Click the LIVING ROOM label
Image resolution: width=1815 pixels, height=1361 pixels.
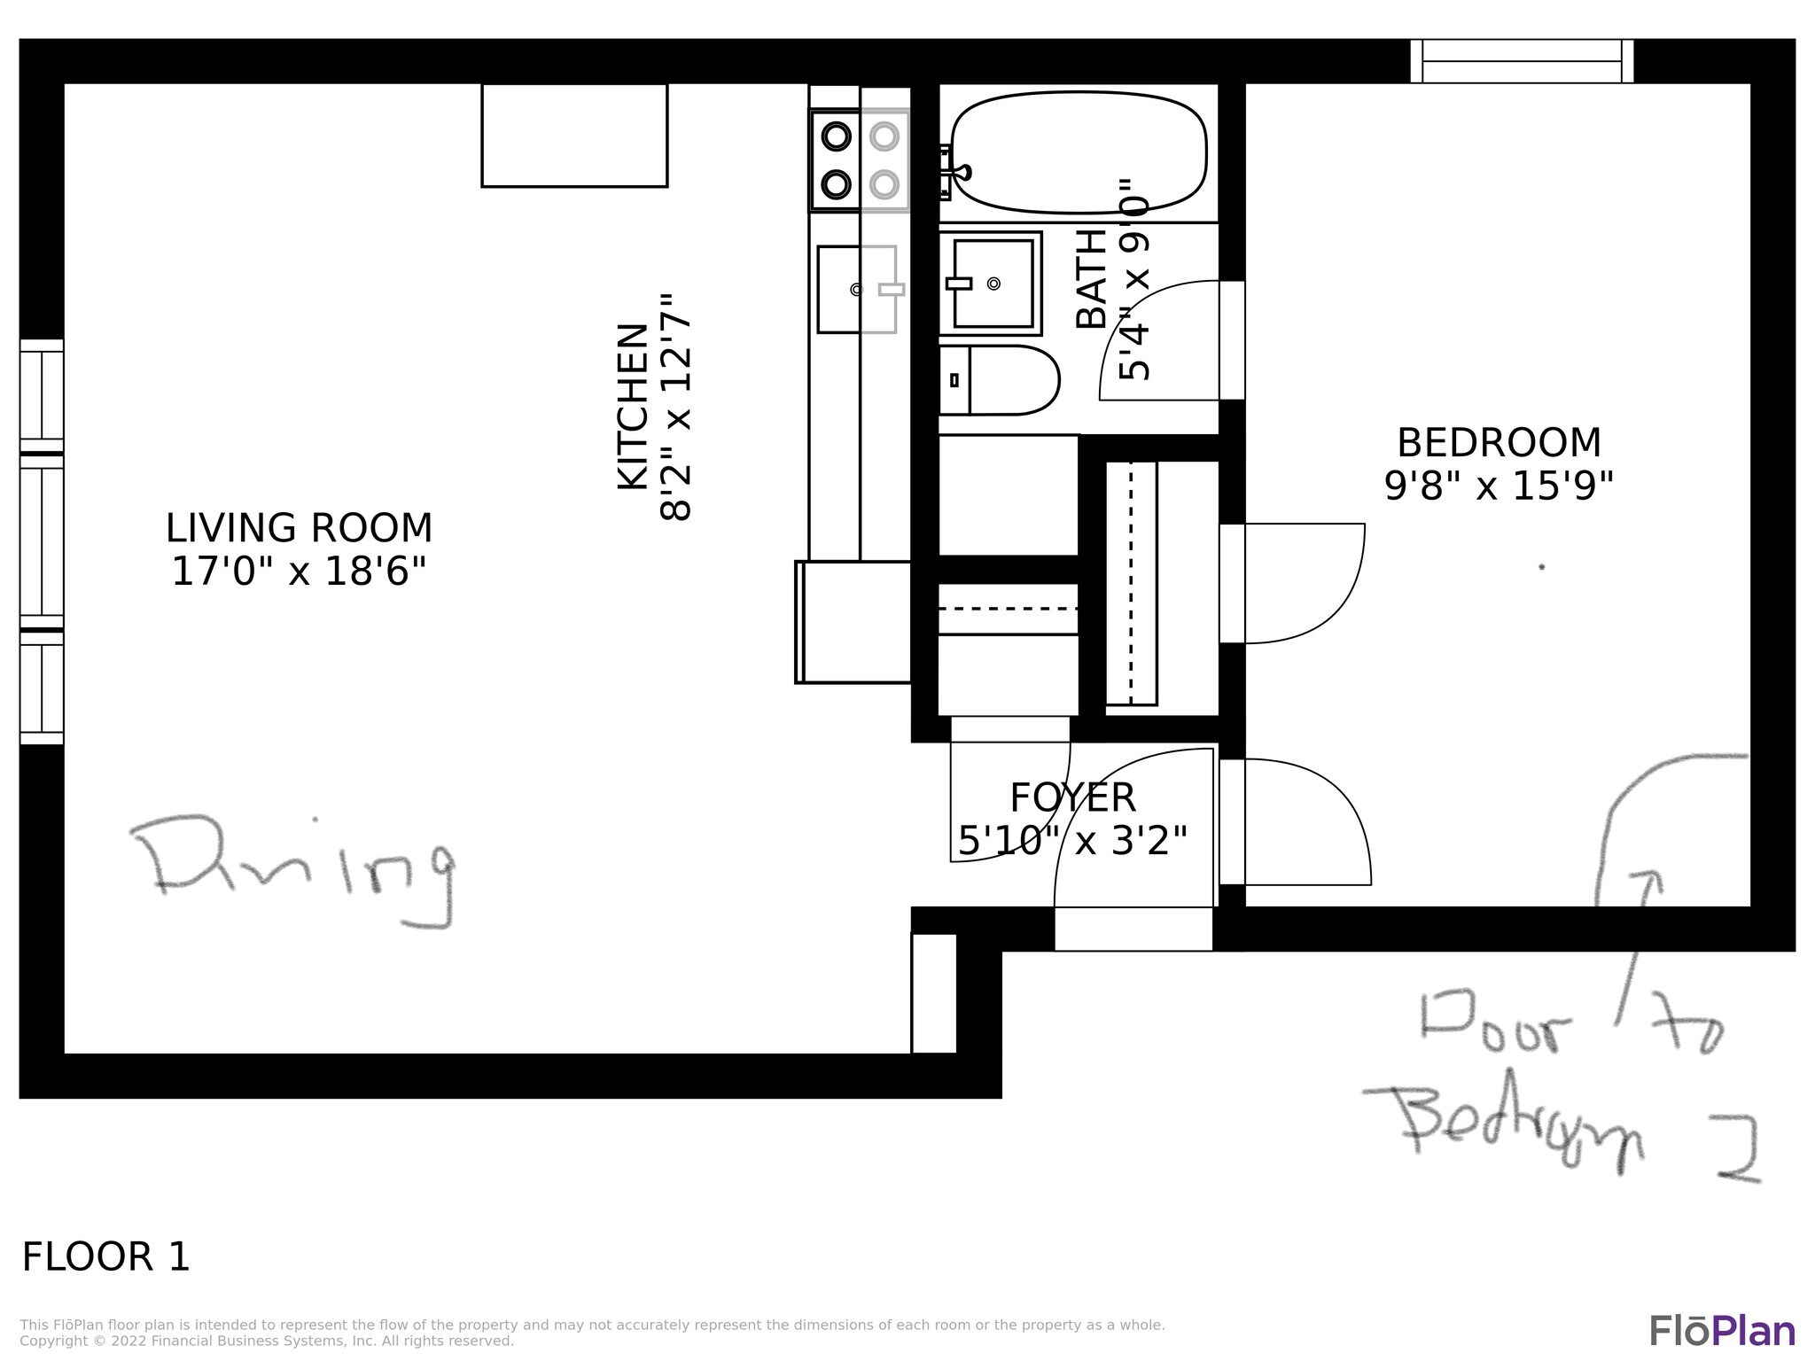[299, 528]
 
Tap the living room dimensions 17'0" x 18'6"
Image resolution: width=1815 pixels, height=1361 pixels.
[299, 572]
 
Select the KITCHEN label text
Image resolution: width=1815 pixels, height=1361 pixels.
[633, 406]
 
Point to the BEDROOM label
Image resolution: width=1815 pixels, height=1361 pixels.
[1499, 443]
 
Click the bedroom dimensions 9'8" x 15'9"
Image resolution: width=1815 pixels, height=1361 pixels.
[1499, 486]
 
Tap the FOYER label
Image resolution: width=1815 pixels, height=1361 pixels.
[1072, 797]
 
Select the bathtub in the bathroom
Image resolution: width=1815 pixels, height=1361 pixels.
[1079, 152]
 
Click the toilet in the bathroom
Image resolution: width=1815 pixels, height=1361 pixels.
[999, 380]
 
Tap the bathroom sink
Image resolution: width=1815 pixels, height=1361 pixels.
[990, 284]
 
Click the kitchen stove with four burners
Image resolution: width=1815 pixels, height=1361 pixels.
[860, 160]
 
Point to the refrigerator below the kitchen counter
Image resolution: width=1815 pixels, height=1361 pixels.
[853, 622]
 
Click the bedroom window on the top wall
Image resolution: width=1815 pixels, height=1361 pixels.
[1522, 61]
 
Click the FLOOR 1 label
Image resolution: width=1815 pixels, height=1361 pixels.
[105, 1257]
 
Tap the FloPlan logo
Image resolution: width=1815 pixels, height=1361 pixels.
[1723, 1332]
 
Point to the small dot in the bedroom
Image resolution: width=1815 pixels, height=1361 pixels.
[1542, 567]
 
